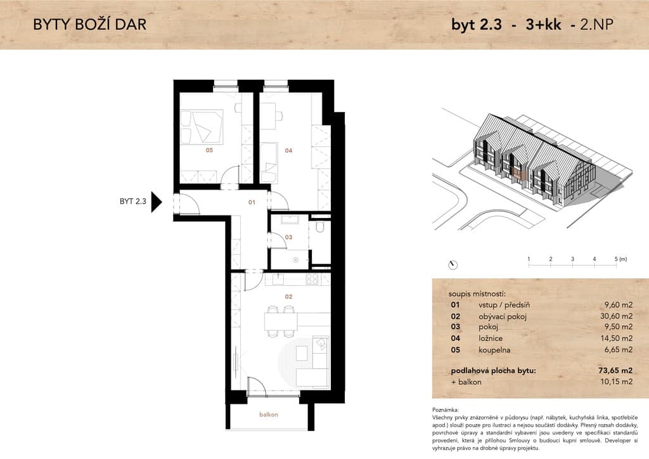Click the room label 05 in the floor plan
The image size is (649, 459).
pos(209,150)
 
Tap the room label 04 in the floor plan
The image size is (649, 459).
pos(288,151)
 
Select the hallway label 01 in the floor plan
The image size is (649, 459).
pos(252,202)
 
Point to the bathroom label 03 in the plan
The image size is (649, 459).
pos(288,237)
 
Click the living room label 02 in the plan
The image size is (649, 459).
pos(288,296)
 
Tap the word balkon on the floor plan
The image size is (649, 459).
pos(269,414)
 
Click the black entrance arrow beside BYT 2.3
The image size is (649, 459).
pos(156,202)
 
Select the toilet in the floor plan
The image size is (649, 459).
pos(321,227)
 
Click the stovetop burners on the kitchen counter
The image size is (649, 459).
pos(312,280)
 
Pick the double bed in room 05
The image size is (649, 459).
pos(202,127)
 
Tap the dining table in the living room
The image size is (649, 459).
pos(281,321)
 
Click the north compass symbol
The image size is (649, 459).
pos(453,265)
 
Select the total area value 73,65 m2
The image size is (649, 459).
pos(615,370)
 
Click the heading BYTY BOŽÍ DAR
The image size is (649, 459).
pos(90,25)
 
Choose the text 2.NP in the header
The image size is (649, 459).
pos(596,25)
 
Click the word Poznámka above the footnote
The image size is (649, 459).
pos(446,410)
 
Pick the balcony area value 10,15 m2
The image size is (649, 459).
pos(616,382)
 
